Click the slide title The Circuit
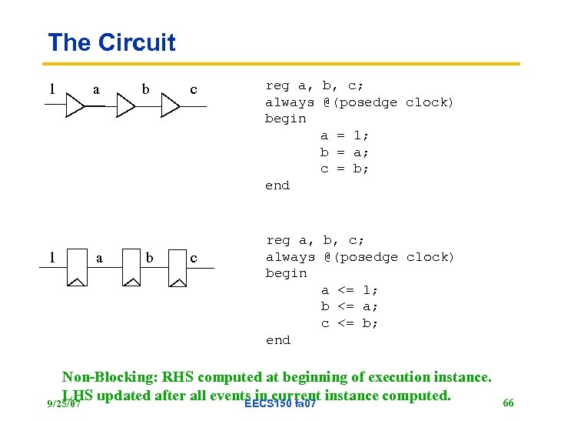click(x=111, y=42)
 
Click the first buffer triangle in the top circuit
click(x=74, y=106)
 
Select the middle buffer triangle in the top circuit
click(x=124, y=106)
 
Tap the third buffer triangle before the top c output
click(x=169, y=106)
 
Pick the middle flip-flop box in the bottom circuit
click(x=131, y=266)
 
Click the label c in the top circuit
click(x=194, y=89)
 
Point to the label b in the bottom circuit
click(x=149, y=258)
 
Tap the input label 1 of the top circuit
click(x=51, y=89)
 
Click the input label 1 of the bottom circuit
click(x=51, y=257)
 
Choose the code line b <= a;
click(x=350, y=306)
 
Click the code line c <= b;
click(x=350, y=323)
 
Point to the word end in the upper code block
click(x=277, y=185)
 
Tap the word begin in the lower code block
click(x=286, y=273)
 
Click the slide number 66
click(x=508, y=403)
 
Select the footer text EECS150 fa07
click(x=279, y=404)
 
